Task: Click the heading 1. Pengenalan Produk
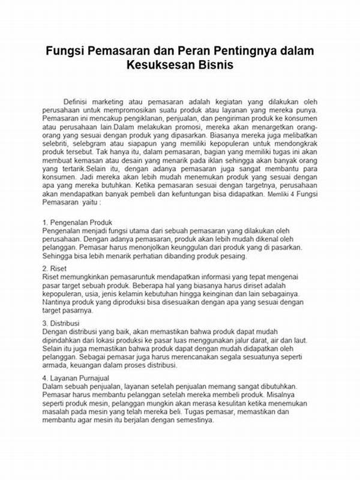[78, 223]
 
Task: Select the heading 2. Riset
[55, 268]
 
